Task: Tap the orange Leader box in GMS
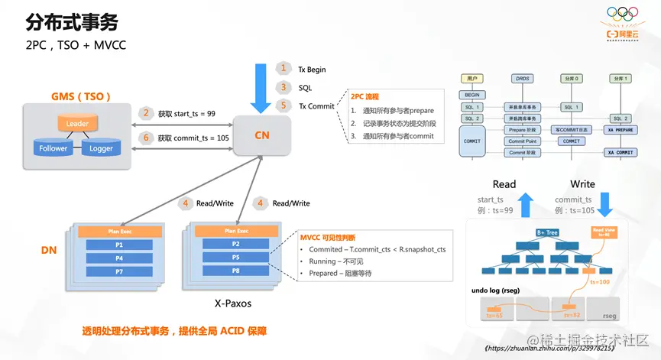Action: pos(77,123)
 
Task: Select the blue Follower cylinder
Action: pos(53,148)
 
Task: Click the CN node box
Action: pos(262,135)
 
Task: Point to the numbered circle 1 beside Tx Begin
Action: pos(284,69)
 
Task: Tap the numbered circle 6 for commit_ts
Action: pos(146,138)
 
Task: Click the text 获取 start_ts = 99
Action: pos(186,114)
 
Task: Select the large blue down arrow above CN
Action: pos(261,87)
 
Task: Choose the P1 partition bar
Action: pos(119,245)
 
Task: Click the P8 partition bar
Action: pos(236,271)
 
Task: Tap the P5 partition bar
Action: pos(236,258)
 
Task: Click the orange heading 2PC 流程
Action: pos(365,97)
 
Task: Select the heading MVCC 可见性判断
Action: pos(328,238)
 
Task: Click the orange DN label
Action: pos(49,250)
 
